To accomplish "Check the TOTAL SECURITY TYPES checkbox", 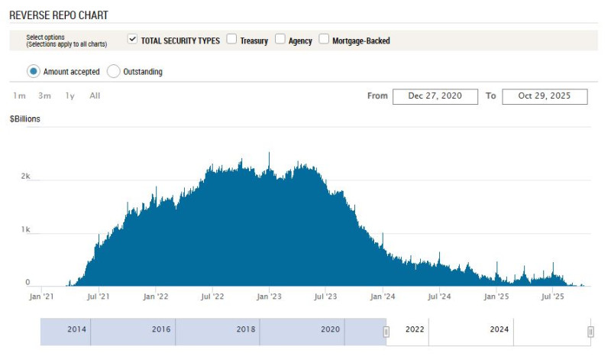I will tap(133, 39).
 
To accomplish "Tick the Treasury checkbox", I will tap(231, 39).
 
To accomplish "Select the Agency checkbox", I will tap(280, 39).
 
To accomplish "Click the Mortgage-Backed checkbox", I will tap(324, 39).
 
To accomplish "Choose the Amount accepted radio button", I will tap(33, 71).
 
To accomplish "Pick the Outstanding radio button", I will tap(113, 71).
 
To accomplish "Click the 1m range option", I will tap(19, 96).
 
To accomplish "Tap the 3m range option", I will tap(44, 96).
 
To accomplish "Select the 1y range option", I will tap(70, 96).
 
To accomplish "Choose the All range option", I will tap(95, 96).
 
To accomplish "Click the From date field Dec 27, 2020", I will tap(435, 96).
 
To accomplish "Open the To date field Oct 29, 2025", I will tap(545, 96).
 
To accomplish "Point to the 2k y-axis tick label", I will tap(25, 176).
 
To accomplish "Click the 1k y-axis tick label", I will tap(25, 229).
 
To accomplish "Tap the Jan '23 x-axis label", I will tap(268, 297).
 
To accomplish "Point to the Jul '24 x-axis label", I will tap(439, 297).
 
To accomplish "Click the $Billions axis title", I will tap(25, 119).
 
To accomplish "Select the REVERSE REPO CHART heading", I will tap(59, 15).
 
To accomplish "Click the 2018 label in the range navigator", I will tap(246, 329).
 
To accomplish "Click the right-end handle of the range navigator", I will tap(590, 332).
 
